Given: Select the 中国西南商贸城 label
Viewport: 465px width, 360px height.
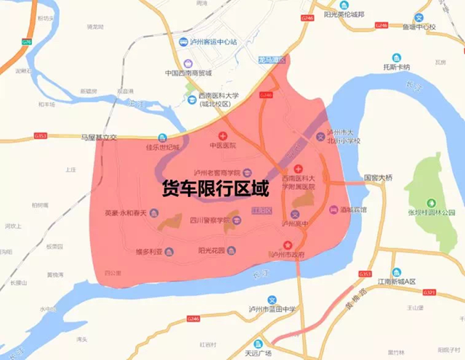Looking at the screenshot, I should point(187,73).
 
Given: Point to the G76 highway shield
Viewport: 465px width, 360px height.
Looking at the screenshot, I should point(27,42).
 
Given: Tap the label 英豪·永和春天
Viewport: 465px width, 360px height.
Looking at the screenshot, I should point(126,213).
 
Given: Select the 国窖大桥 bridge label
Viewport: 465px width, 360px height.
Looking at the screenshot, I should point(378,177).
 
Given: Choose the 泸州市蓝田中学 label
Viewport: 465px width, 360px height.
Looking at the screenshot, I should point(272,309).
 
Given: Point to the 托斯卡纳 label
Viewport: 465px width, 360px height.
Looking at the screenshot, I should point(396,68).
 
